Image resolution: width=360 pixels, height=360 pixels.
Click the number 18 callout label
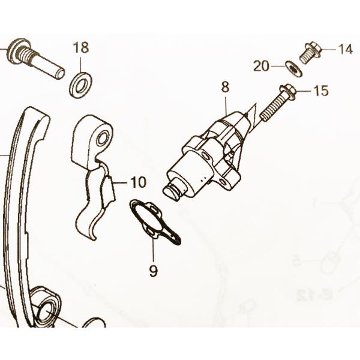81,48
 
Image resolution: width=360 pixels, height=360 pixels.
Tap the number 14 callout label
345,50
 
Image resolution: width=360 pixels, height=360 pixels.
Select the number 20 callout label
262,67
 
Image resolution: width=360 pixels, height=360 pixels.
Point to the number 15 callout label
321,91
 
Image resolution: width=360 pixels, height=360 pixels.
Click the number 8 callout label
225,87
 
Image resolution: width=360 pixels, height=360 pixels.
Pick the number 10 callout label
137,182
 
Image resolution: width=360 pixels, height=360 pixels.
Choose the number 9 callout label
153,271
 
